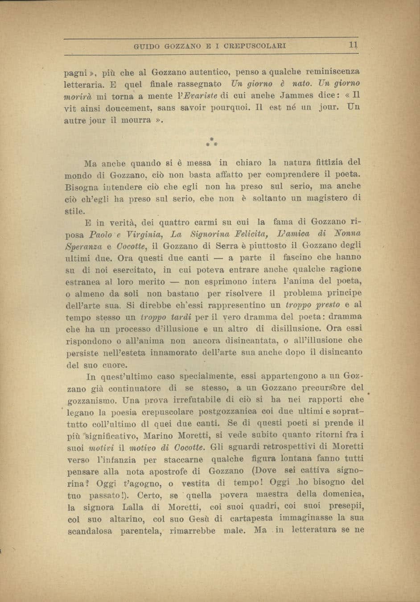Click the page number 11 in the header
pyautogui.click(x=353, y=45)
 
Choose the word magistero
pyautogui.click(x=326, y=198)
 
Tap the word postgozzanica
pyautogui.click(x=228, y=411)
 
